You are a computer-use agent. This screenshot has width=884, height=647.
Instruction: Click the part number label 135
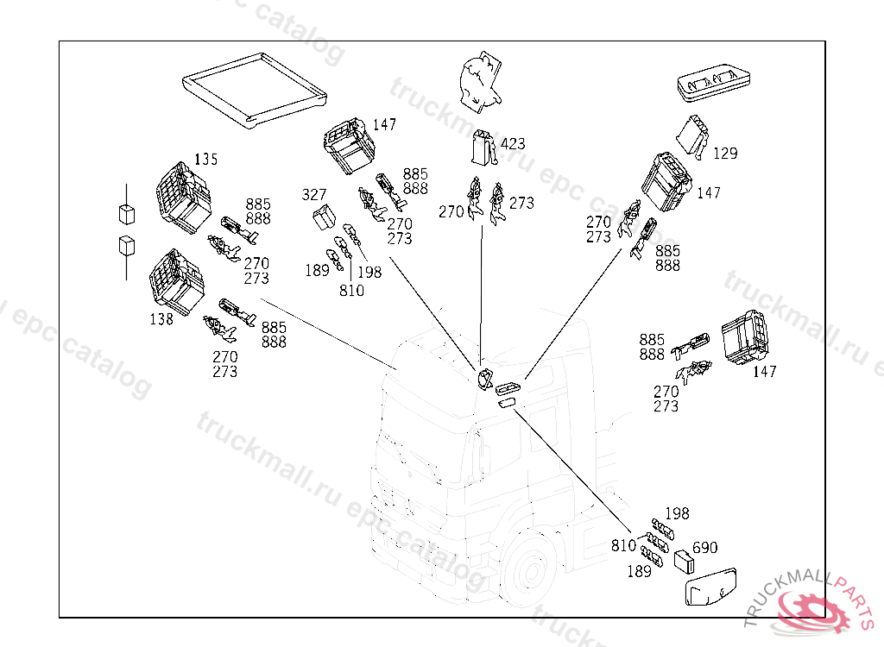205,160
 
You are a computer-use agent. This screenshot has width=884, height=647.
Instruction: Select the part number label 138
161,319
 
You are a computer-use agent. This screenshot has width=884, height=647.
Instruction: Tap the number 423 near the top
512,144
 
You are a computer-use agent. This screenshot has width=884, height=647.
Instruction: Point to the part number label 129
725,154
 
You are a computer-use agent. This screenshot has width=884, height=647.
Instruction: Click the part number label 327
314,196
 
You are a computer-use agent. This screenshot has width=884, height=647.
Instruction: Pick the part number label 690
704,548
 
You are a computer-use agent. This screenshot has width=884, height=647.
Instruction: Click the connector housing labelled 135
180,196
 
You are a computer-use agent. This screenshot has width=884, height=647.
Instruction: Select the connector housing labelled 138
177,280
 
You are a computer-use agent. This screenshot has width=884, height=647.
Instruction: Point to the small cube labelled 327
325,217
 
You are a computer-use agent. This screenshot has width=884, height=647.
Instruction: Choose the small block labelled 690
685,560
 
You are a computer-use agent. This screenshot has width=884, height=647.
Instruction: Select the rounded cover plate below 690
713,590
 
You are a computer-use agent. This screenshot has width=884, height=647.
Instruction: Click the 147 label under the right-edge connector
764,372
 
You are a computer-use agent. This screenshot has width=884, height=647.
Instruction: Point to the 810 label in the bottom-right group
624,545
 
